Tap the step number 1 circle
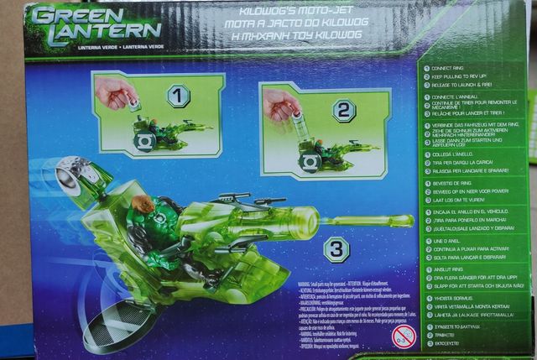tap(178, 96)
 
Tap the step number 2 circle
tap(343, 110)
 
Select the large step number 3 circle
tap(336, 248)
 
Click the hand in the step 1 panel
tap(116, 92)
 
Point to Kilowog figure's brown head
tap(144, 204)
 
